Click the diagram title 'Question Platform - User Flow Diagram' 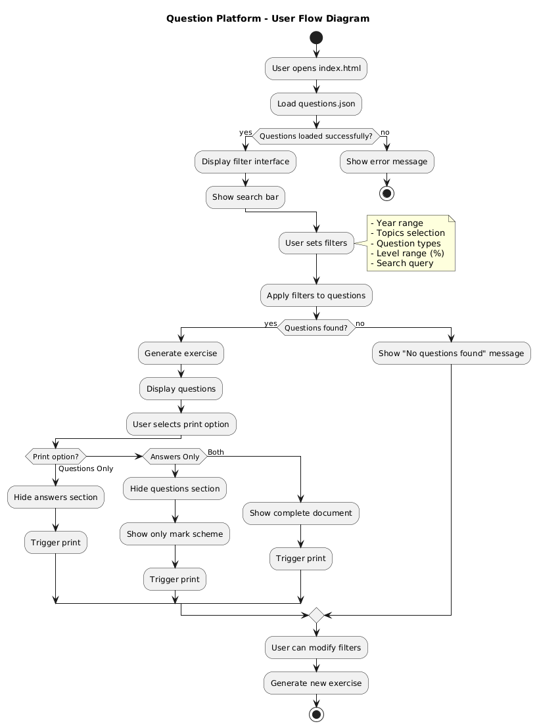tap(268, 18)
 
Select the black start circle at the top tap(316, 37)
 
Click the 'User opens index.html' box tap(316, 68)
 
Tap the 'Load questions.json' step tap(316, 104)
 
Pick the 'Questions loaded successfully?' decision tap(316, 137)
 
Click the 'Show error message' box tap(387, 162)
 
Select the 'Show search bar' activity tap(245, 197)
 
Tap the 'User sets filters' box tap(316, 243)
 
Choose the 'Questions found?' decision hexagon tap(316, 328)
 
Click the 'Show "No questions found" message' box tap(452, 353)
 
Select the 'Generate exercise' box tap(181, 353)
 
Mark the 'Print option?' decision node tap(56, 457)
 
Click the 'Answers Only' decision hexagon tap(175, 457)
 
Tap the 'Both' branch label tap(215, 452)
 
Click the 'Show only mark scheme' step tap(175, 534)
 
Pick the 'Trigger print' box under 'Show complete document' tap(300, 558)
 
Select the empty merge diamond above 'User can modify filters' tap(316, 616)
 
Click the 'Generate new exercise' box tap(316, 683)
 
